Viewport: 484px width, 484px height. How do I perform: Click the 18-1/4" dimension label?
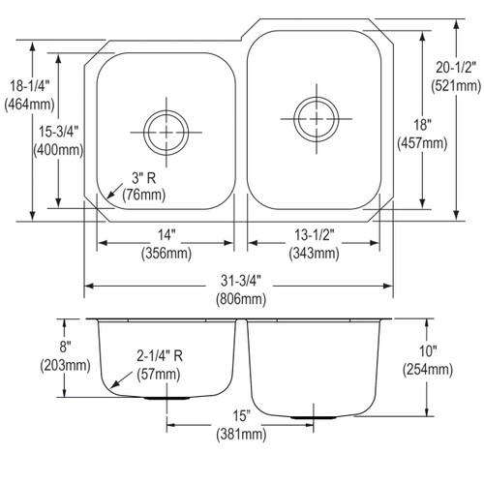point(28,85)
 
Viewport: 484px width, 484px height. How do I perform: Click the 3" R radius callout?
point(139,178)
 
